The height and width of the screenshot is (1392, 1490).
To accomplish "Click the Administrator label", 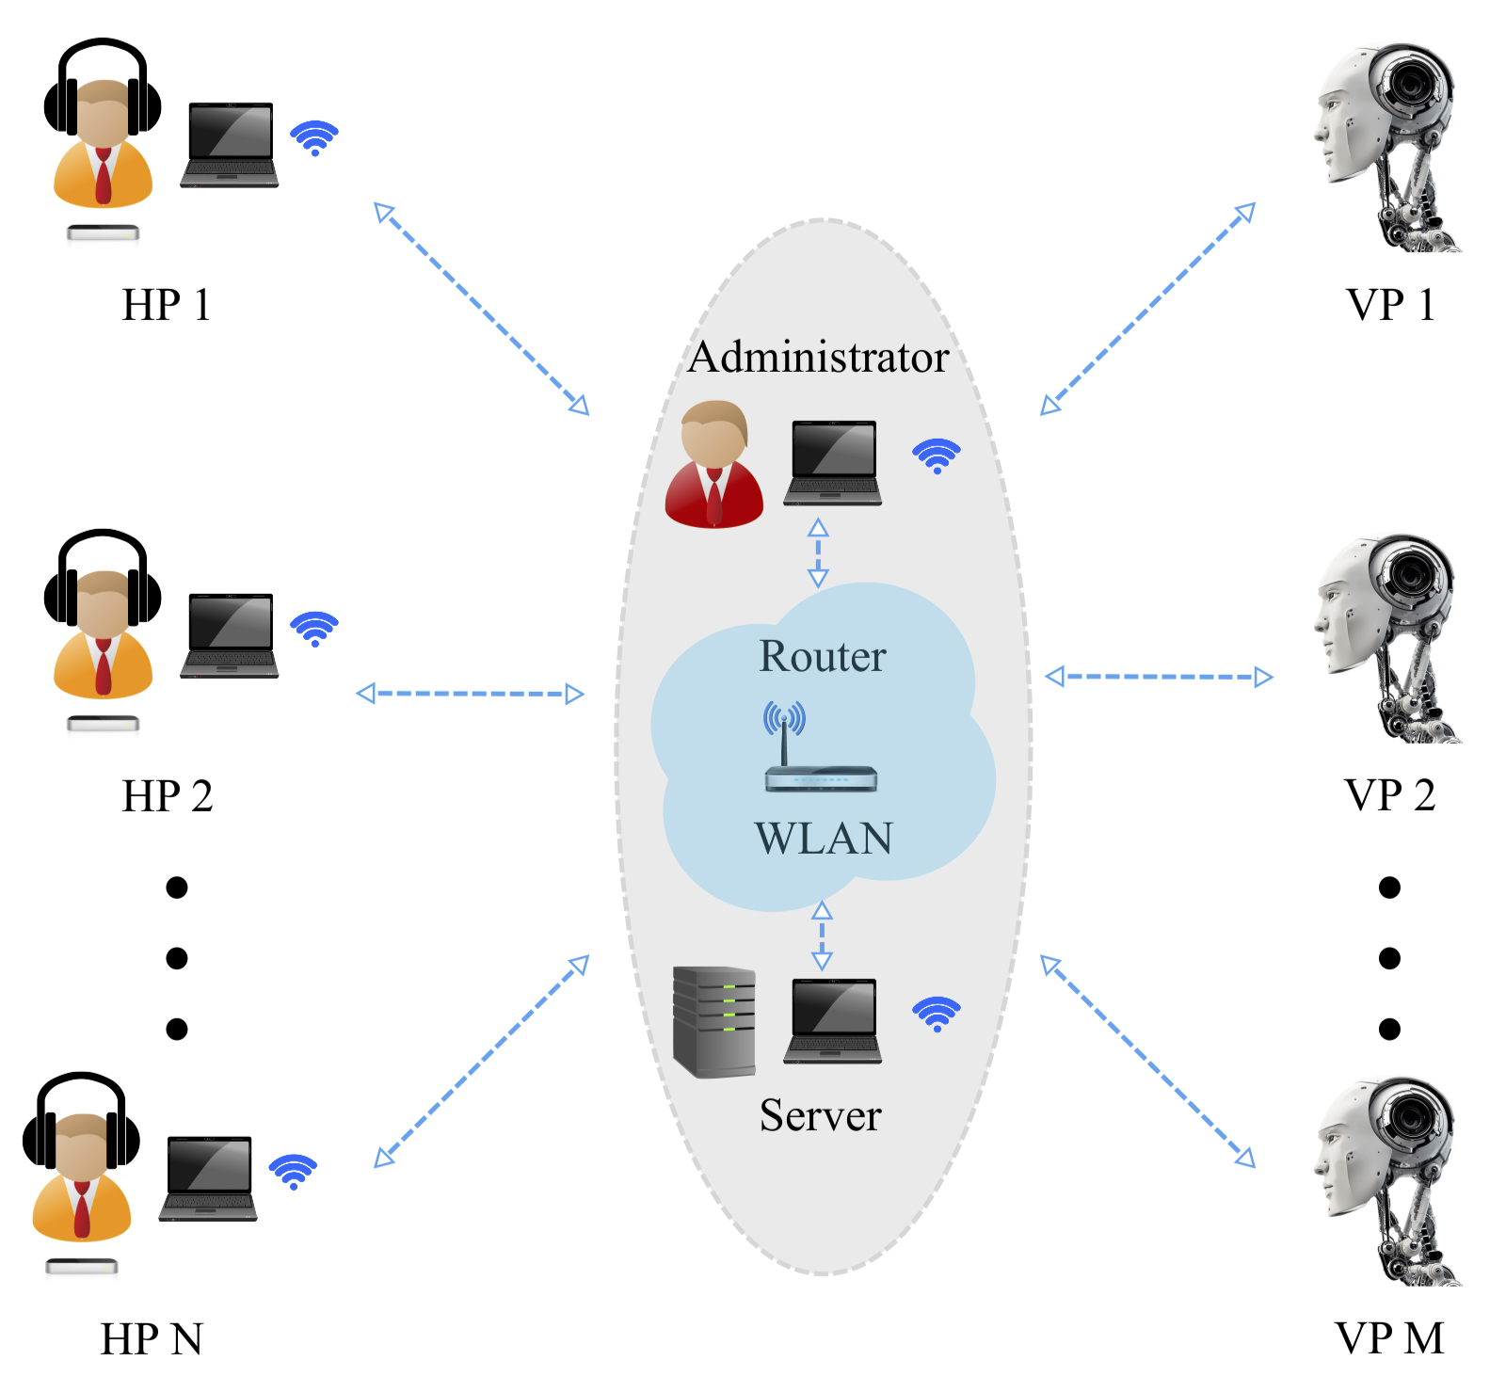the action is point(818,358).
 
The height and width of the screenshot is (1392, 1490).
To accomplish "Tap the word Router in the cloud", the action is point(823,656).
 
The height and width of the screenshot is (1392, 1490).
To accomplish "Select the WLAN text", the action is point(824,838).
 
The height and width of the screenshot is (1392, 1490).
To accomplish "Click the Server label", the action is point(821,1115).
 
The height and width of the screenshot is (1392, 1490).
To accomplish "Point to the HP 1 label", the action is point(167,305).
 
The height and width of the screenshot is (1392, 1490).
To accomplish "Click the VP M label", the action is point(1389,1338).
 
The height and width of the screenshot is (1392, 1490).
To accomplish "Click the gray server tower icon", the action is point(714,1022).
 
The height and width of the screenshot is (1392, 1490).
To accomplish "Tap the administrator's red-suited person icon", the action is point(714,465).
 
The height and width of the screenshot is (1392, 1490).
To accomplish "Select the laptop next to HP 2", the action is point(230,636).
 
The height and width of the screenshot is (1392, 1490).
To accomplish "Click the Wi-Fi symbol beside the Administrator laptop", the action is point(937,456).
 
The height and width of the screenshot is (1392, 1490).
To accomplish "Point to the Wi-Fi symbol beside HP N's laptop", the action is point(294,1172).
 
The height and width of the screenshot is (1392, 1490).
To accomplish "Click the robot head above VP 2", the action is point(1386,640).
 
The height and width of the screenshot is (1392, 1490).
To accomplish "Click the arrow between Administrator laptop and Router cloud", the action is point(818,552).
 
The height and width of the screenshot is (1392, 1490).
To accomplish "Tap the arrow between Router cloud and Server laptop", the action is point(822,936).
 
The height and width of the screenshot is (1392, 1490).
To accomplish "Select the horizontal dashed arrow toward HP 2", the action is point(471,695).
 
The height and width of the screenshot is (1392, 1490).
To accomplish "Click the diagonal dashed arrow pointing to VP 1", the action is point(1148,309).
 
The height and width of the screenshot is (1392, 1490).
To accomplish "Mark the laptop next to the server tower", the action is point(833,1022).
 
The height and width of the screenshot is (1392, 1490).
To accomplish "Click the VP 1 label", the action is point(1390,305).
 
